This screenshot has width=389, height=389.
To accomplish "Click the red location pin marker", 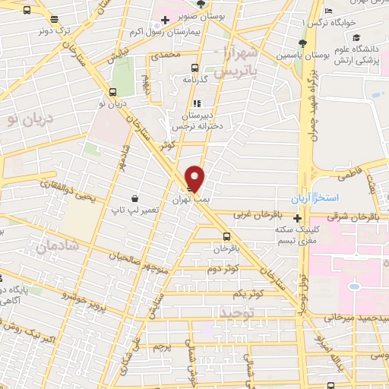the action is point(195,178).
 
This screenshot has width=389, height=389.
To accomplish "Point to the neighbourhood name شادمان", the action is point(51,245).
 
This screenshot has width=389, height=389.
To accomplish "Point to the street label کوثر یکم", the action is point(248,293).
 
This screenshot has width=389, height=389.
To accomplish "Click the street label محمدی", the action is point(165,56).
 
